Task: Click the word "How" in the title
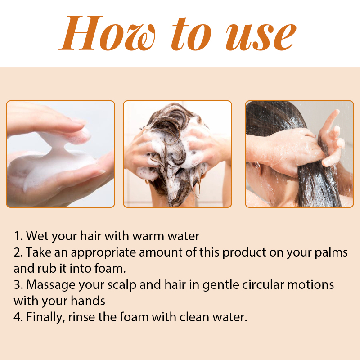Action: click(107, 33)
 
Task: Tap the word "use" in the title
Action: click(261, 37)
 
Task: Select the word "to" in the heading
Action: click(191, 34)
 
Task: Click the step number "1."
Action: click(18, 236)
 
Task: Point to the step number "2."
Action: click(18, 252)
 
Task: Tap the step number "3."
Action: click(18, 285)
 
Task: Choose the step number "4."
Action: click(18, 317)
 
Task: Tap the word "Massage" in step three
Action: click(51, 285)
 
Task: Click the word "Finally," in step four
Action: click(44, 317)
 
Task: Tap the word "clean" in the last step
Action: click(194, 317)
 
